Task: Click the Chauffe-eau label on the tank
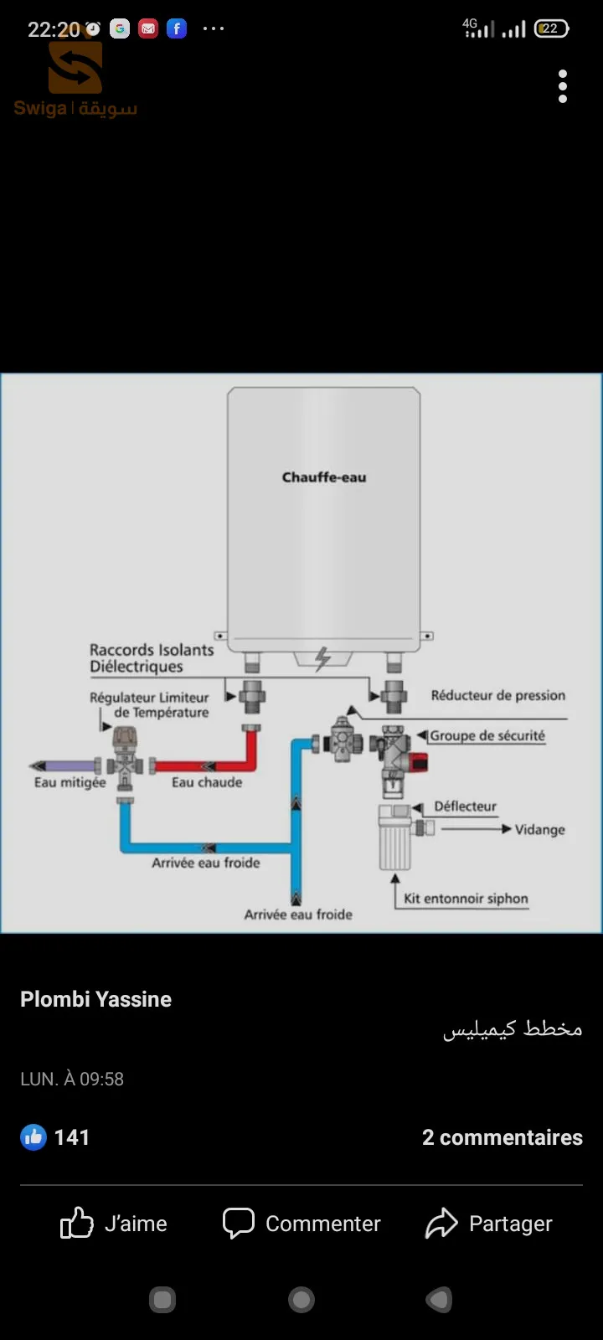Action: tap(324, 477)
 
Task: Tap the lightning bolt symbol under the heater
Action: tap(322, 659)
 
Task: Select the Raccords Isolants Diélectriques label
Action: tap(152, 658)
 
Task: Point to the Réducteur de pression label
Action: tap(497, 695)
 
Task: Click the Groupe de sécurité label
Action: tap(487, 735)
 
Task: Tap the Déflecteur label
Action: tap(465, 807)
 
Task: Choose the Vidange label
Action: tap(539, 830)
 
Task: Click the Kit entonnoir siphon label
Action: tap(466, 899)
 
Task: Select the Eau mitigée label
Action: tap(70, 782)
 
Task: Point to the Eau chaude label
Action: tap(207, 782)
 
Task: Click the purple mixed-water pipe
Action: tap(67, 765)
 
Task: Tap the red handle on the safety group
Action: tap(419, 762)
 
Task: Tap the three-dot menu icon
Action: tap(563, 86)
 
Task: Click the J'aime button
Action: tap(114, 1224)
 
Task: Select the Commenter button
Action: tap(301, 1224)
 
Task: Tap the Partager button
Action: tap(489, 1224)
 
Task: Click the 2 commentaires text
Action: tap(502, 1137)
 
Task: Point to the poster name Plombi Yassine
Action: tap(95, 999)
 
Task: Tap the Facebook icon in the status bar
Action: tap(177, 28)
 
